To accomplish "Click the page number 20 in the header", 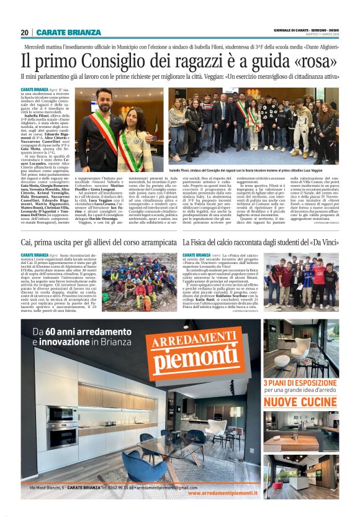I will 24,32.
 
